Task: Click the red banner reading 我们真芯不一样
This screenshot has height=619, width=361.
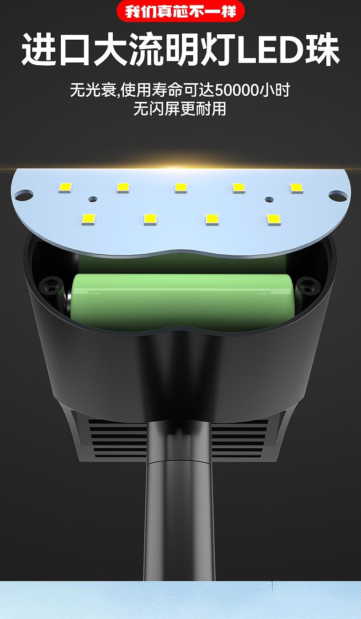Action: click(180, 11)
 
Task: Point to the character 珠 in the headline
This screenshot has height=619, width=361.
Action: click(322, 50)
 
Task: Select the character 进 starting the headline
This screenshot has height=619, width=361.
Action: click(39, 50)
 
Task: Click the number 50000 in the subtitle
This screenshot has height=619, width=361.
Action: click(237, 90)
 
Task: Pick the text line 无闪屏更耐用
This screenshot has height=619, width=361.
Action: click(180, 109)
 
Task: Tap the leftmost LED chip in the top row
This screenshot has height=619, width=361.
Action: click(65, 188)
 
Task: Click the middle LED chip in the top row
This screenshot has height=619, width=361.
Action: click(180, 188)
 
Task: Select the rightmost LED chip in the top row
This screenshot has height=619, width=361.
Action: click(297, 188)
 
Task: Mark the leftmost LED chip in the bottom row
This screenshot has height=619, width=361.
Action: click(89, 220)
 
